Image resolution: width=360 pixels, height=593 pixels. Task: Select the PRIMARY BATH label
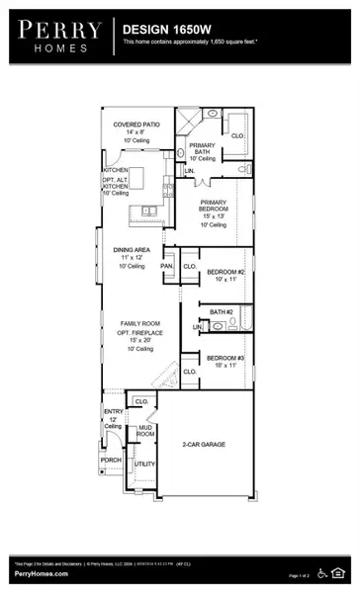coord(202,149)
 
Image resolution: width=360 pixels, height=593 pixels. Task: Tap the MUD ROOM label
coord(144,430)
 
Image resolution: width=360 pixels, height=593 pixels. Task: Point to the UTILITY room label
coord(144,463)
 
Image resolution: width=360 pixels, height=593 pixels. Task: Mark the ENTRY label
coord(112,411)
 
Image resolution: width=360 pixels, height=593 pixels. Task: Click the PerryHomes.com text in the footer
coord(41,573)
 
